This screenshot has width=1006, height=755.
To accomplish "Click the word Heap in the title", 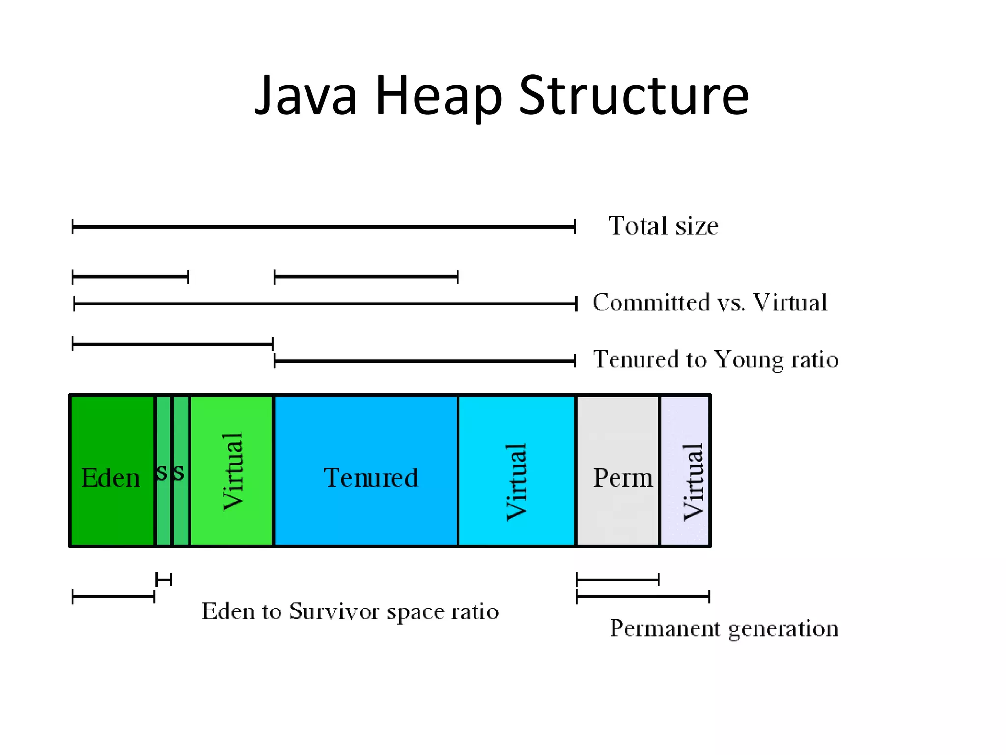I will (x=438, y=96).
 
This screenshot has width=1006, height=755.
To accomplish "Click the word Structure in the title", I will (x=634, y=96).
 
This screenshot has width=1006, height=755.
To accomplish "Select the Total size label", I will (x=663, y=226).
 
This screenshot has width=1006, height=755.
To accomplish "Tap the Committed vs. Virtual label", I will (x=710, y=302).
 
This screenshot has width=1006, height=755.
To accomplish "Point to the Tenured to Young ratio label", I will (x=715, y=359).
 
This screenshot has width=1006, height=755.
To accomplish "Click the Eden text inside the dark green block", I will (x=111, y=478).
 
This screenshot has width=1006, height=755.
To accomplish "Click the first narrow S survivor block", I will (x=163, y=471).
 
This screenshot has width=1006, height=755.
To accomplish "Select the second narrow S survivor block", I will (x=181, y=471).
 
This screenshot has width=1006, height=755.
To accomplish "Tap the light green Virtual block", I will (x=231, y=471).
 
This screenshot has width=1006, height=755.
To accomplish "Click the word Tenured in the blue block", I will (x=370, y=478).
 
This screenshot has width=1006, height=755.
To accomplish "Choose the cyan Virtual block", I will (x=516, y=471).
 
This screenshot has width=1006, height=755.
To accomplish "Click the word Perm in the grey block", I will (x=623, y=478).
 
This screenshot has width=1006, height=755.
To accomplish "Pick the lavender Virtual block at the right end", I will (x=685, y=471).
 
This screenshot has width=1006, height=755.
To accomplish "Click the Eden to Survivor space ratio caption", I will (x=350, y=611).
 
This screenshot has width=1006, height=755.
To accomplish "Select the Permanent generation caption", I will (x=724, y=628).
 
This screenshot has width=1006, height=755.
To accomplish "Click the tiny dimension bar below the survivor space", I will (x=164, y=580).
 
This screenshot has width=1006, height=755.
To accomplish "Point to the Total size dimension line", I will (x=323, y=227).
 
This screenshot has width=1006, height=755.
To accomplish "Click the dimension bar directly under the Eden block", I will (x=113, y=597).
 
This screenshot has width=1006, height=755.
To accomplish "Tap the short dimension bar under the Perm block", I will (x=617, y=580).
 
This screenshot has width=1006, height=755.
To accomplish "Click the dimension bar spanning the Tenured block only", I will (x=366, y=277).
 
